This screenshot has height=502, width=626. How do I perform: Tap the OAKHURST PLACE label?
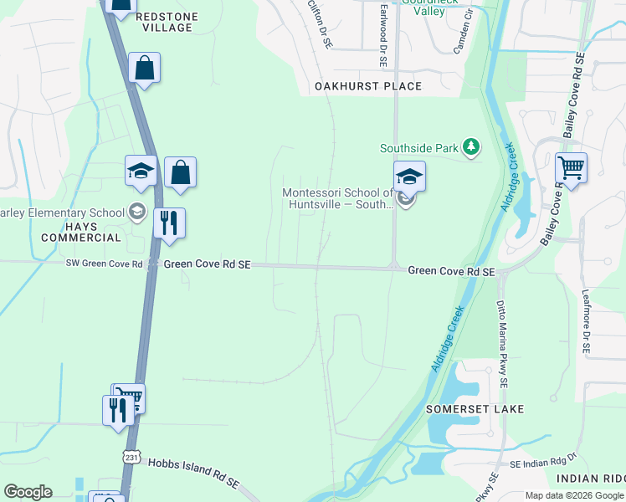click(368, 86)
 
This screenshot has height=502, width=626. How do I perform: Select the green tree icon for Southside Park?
click(472, 148)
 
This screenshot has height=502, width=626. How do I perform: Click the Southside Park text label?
click(419, 148)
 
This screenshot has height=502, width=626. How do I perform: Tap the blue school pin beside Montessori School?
click(409, 177)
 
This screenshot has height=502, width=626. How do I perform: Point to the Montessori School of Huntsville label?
click(337, 198)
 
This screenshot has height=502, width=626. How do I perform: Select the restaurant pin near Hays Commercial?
click(170, 223)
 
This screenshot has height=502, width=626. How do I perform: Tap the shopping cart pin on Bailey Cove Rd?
click(571, 168)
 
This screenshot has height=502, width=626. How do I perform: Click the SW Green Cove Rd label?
click(105, 264)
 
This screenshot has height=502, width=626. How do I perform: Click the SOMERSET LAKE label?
click(475, 409)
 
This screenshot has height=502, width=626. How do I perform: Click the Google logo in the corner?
click(28, 491)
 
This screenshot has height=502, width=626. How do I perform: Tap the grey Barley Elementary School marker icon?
click(136, 212)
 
